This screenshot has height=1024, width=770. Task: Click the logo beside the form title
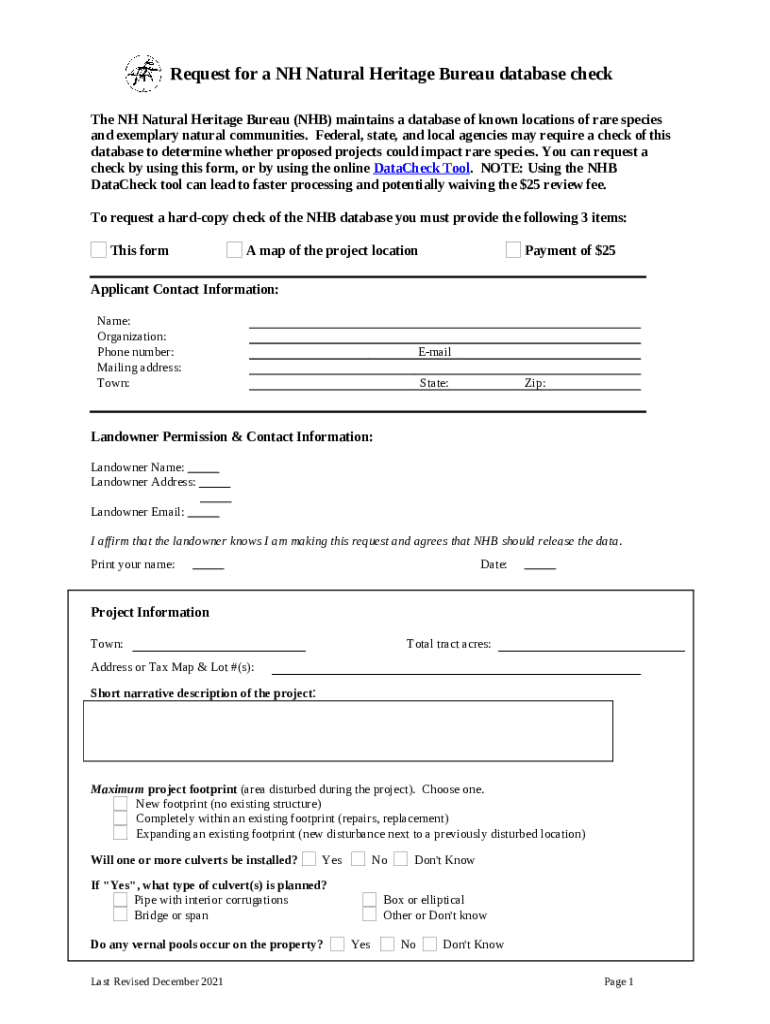(x=143, y=74)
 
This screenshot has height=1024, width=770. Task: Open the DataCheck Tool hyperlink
(x=421, y=168)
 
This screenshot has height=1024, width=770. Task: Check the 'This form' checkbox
(x=99, y=250)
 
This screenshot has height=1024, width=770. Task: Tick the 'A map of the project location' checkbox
(x=234, y=250)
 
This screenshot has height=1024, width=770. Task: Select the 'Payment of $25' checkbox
(x=513, y=250)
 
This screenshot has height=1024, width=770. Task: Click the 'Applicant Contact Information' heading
(x=184, y=290)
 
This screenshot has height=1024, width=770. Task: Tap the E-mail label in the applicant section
(x=434, y=352)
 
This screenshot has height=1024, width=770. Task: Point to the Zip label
(x=535, y=383)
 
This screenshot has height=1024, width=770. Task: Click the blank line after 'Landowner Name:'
(x=203, y=468)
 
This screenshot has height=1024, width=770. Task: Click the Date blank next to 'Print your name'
(x=540, y=565)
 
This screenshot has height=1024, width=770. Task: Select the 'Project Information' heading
(x=150, y=612)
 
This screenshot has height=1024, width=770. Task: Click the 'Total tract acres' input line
(x=591, y=644)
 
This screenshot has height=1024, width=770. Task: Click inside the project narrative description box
(x=347, y=730)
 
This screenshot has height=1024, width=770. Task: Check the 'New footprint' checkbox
(x=120, y=804)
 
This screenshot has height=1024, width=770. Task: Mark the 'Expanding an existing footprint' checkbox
(x=120, y=833)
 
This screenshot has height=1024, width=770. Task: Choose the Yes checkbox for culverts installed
(x=310, y=859)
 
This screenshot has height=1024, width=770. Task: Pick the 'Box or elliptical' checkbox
(x=369, y=900)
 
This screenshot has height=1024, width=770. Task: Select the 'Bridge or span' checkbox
(x=120, y=915)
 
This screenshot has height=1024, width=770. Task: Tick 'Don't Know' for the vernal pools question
(x=430, y=944)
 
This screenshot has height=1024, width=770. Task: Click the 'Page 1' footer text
(x=619, y=982)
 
